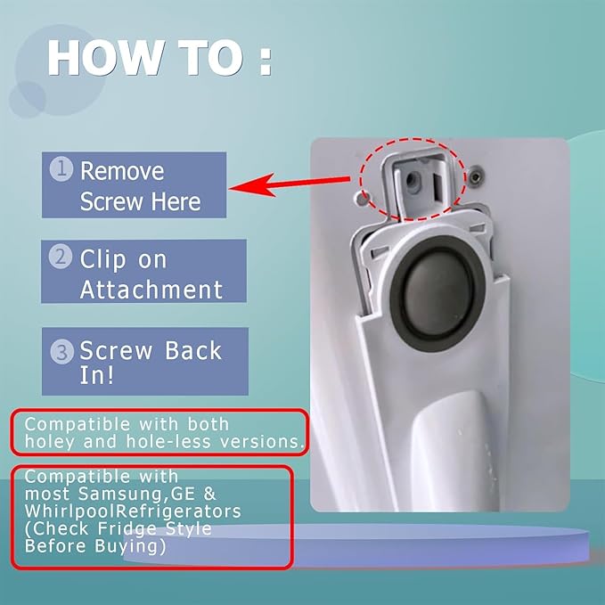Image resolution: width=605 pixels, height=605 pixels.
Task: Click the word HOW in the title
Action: (104, 58)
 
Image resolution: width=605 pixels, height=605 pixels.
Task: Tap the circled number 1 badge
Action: (61, 169)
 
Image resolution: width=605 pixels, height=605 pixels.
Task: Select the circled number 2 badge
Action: (61, 257)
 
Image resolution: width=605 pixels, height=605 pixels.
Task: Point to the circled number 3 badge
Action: (61, 352)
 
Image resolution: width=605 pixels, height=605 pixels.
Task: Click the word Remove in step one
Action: (122, 171)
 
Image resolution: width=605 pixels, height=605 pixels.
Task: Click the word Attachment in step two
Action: (151, 290)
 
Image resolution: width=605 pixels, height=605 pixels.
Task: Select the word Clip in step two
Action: (103, 259)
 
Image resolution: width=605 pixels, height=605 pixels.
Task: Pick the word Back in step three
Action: (193, 350)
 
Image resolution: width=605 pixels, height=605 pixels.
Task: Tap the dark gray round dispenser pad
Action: (438, 295)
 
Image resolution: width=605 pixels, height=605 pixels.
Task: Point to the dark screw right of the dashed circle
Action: (477, 177)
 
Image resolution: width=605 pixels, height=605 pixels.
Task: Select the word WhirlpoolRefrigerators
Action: (133, 511)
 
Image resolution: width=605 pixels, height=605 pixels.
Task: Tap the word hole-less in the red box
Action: (168, 442)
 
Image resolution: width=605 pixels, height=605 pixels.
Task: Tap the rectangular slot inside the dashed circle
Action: (439, 184)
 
